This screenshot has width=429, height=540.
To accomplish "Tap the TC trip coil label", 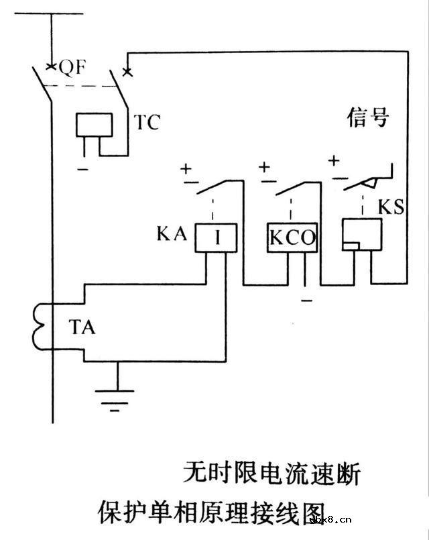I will [147, 122].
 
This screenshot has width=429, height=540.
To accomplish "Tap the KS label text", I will [390, 206].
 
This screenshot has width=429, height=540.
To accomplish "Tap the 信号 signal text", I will [367, 118].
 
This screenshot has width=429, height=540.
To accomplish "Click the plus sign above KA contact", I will [186, 168].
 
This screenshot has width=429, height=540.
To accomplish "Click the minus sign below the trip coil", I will [82, 170].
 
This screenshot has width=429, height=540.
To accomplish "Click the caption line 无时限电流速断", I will [271, 474].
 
